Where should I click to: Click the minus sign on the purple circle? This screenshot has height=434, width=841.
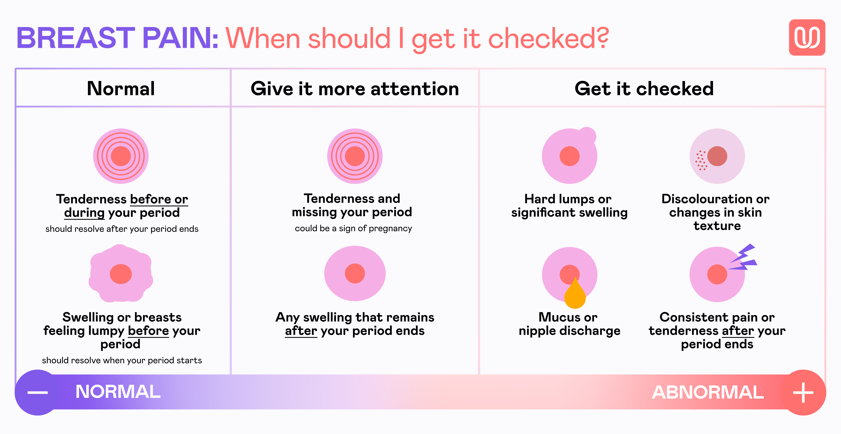38,392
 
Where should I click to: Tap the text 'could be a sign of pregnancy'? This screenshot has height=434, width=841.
353,228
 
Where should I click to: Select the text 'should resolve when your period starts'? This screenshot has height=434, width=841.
122,360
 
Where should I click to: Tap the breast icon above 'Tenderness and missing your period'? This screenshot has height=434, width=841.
355,156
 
